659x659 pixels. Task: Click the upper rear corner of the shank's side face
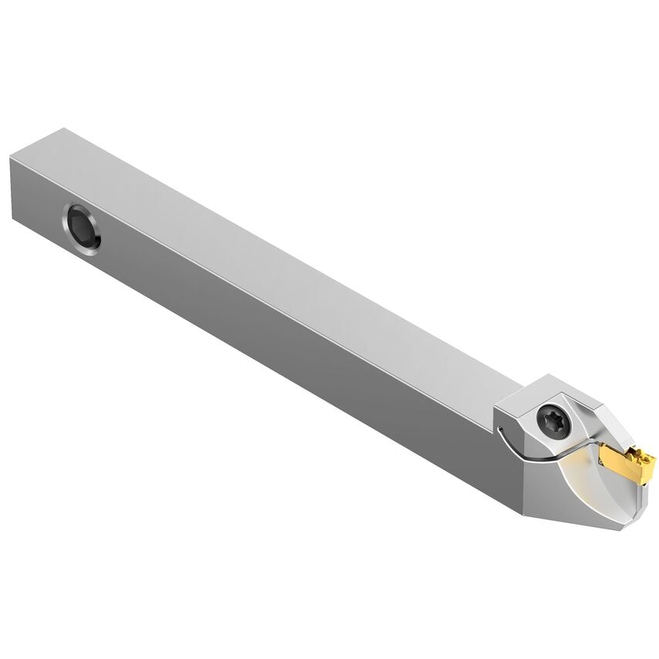tap(11, 157)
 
